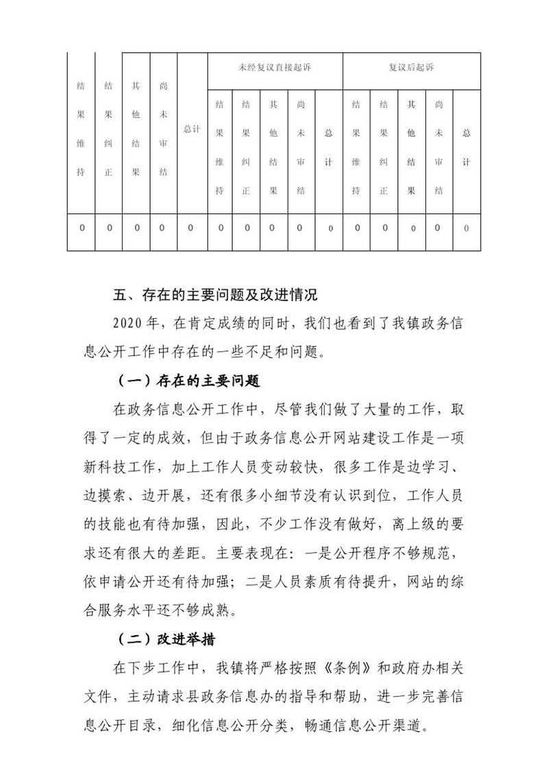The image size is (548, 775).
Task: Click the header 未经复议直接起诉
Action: (x=274, y=68)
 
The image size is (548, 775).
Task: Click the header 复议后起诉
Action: (x=411, y=68)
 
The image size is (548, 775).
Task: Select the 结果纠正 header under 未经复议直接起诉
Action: (x=246, y=147)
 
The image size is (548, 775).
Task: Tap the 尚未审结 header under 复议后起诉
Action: (x=438, y=147)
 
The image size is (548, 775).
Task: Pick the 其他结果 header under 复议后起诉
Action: (x=411, y=147)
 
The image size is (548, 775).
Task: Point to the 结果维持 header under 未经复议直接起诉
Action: (x=219, y=147)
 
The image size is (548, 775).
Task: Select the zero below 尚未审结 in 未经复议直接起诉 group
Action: (x=300, y=228)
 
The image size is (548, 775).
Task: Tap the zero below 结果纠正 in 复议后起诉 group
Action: (x=384, y=228)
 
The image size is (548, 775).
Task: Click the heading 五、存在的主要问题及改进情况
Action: (x=216, y=296)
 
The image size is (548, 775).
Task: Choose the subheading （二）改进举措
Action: (x=166, y=639)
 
